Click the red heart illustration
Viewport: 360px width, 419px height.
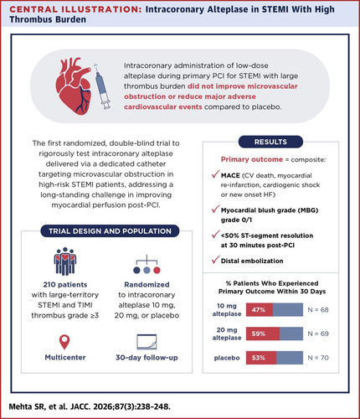[x=74, y=85]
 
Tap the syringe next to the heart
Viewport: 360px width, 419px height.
[x=102, y=86]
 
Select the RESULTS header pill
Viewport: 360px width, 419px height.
[x=270, y=142]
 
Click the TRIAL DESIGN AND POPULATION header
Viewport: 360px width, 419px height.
[x=110, y=231]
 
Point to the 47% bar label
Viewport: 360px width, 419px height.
[x=259, y=310]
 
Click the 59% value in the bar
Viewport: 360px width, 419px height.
[x=259, y=334]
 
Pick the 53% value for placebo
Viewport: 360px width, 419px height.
[x=259, y=358]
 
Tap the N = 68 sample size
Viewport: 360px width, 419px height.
[x=318, y=310]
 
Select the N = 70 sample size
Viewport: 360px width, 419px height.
[x=318, y=358]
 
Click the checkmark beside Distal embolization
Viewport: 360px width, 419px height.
[x=215, y=260]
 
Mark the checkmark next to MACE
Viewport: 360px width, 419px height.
[x=215, y=174]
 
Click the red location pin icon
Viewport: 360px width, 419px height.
[x=64, y=342]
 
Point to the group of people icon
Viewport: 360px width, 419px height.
[x=65, y=261]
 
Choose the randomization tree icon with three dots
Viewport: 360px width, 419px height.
[x=147, y=264]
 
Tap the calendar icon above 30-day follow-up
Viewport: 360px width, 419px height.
[x=147, y=342]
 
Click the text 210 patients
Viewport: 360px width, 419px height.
[x=65, y=285]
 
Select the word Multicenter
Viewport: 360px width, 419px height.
[x=65, y=358]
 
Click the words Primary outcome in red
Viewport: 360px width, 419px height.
[x=252, y=159]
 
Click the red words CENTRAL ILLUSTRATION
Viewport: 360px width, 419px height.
[x=76, y=9]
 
